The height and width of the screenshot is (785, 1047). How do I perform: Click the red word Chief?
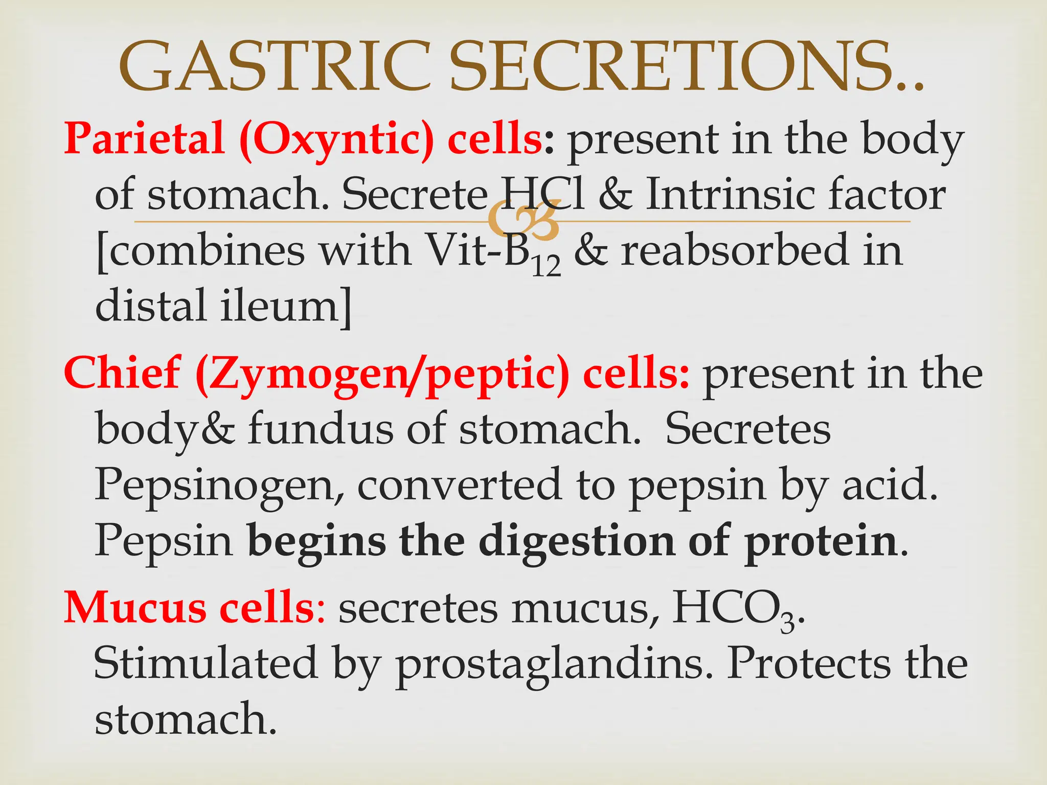coord(122,374)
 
